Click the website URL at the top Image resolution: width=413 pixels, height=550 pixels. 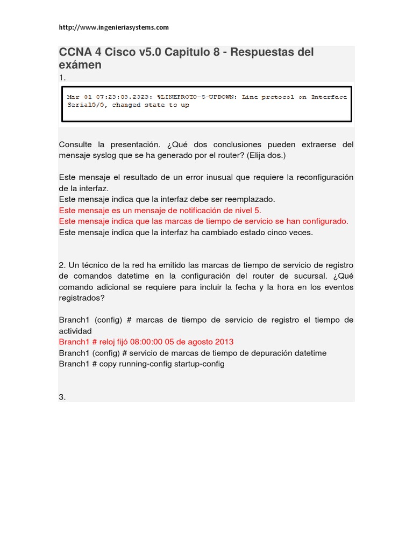(x=113, y=27)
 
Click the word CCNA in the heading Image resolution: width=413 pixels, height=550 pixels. (x=75, y=53)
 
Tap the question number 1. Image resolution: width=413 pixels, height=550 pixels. (x=62, y=78)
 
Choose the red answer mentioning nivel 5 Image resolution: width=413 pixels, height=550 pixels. (x=160, y=210)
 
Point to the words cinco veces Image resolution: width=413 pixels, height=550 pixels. (x=291, y=233)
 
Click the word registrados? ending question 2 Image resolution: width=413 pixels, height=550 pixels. (x=81, y=298)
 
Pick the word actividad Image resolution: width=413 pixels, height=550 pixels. (x=75, y=331)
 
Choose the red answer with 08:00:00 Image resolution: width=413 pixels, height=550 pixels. (x=146, y=342)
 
